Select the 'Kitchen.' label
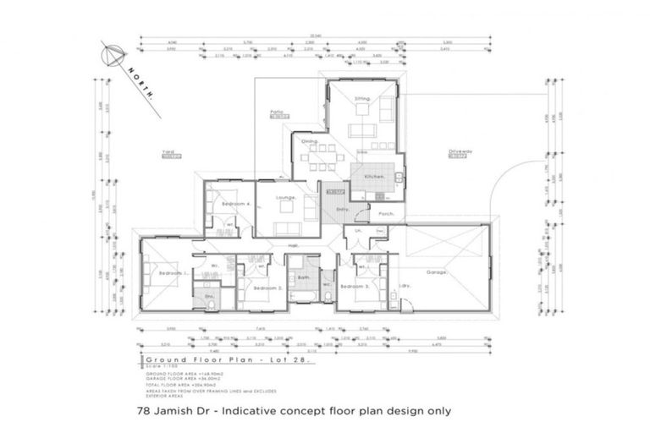tap(375, 176)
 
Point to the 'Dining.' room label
tap(310, 141)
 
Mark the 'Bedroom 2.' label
tap(267, 288)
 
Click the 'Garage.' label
tap(437, 272)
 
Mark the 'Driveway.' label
tap(460, 152)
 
